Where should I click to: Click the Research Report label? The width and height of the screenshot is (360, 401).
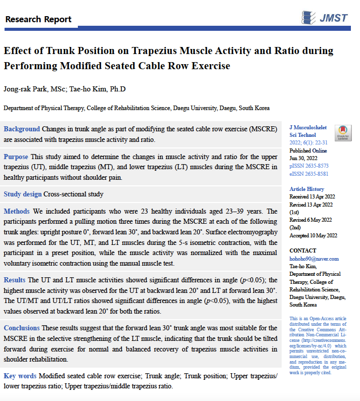tap(38, 20)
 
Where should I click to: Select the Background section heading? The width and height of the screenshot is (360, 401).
tap(22, 129)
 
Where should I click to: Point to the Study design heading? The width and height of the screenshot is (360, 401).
tap(22, 194)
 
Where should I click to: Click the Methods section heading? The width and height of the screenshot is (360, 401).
tap(17, 211)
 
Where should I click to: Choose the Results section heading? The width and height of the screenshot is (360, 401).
tap(15, 280)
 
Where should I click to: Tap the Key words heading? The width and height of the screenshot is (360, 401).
tap(20, 376)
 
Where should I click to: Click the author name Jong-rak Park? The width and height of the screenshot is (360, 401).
tap(24, 89)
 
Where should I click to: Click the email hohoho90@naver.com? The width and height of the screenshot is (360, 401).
tap(313, 259)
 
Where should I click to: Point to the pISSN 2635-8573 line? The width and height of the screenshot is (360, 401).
tap(308, 166)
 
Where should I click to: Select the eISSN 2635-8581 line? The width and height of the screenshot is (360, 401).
tap(308, 174)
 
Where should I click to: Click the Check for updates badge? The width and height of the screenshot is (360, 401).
tap(343, 133)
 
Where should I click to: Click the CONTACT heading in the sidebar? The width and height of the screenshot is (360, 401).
tap(302, 251)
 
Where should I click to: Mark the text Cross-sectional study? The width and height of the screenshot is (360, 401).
tap(73, 194)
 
